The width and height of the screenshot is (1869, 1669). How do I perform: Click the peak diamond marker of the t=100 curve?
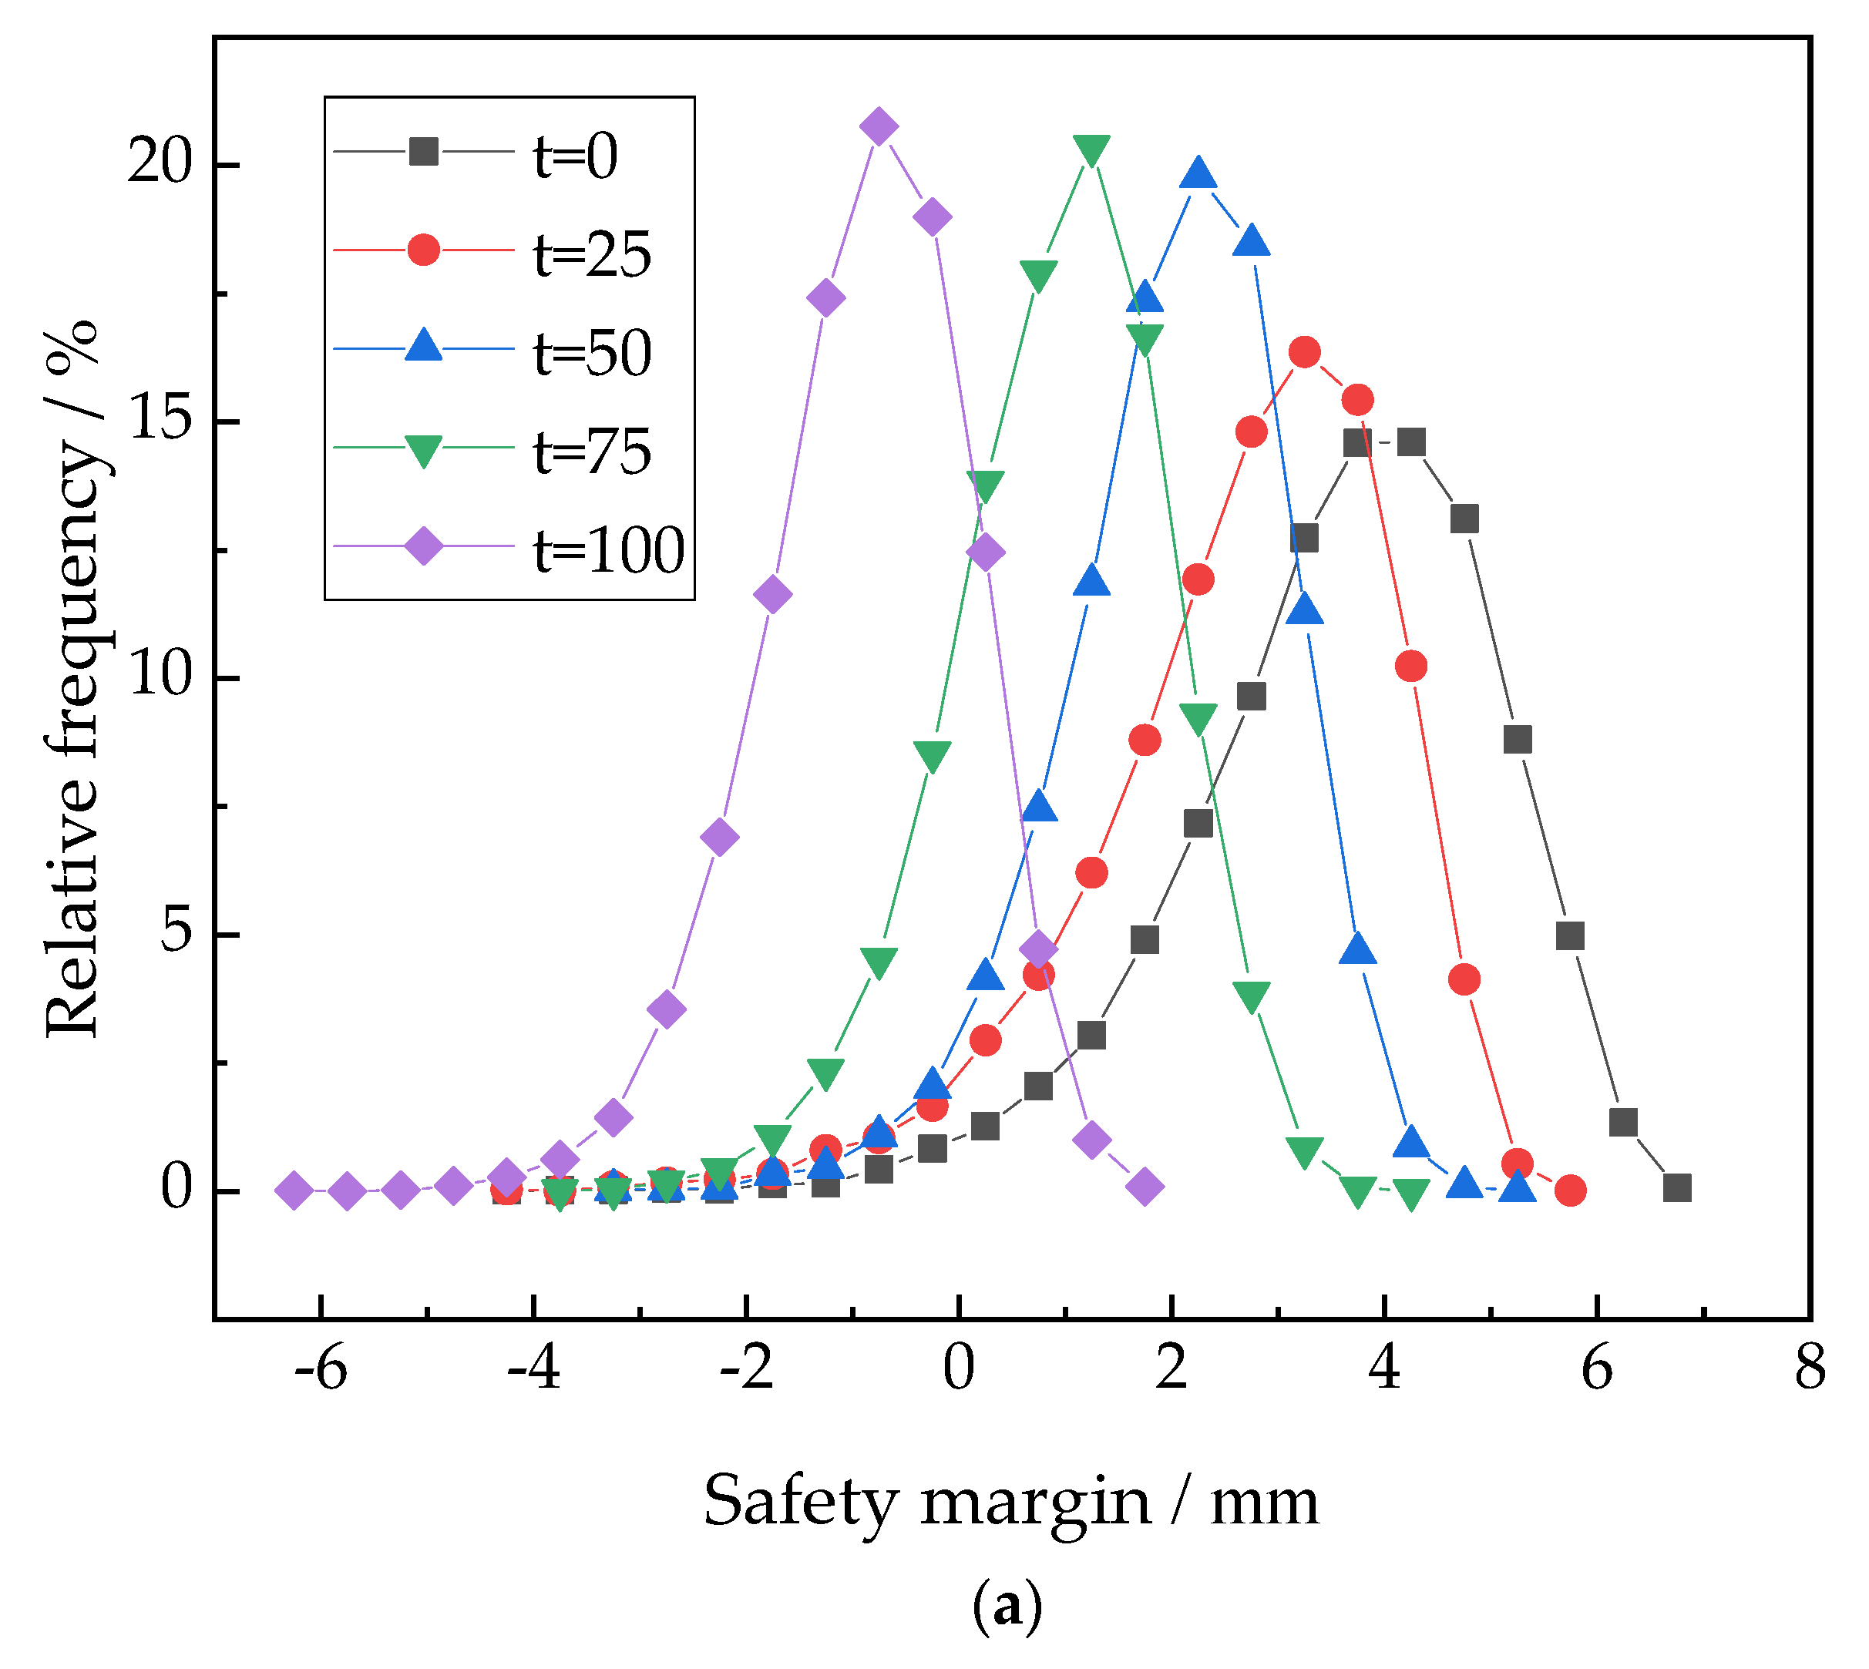click(x=879, y=126)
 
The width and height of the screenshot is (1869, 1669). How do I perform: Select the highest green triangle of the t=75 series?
click(x=1091, y=149)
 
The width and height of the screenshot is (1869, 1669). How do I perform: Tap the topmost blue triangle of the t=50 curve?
click(x=1198, y=173)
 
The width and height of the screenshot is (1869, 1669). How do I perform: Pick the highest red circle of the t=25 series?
click(x=1304, y=352)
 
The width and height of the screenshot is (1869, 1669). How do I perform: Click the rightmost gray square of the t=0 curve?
click(x=1677, y=1188)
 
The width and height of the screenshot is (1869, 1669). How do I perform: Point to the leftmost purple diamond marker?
click(x=294, y=1190)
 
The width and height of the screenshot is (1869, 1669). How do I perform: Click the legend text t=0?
click(x=576, y=156)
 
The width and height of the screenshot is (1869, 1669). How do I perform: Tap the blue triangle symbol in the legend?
click(x=424, y=347)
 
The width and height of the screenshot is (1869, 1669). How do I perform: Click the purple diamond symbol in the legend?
click(x=424, y=546)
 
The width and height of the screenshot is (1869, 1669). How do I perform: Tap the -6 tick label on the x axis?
click(x=320, y=1370)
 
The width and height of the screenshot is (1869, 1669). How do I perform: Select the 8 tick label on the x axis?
click(x=1810, y=1370)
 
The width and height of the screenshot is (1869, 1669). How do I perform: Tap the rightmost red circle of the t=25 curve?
click(x=1571, y=1190)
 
